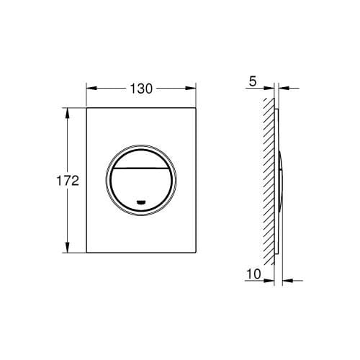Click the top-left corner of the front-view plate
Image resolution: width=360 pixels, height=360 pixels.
[x=88, y=109]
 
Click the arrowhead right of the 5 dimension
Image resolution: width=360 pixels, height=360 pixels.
[x=282, y=89]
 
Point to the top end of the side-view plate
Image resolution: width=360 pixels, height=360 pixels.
[x=277, y=110]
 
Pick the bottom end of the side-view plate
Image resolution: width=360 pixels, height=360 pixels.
[x=277, y=252]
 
